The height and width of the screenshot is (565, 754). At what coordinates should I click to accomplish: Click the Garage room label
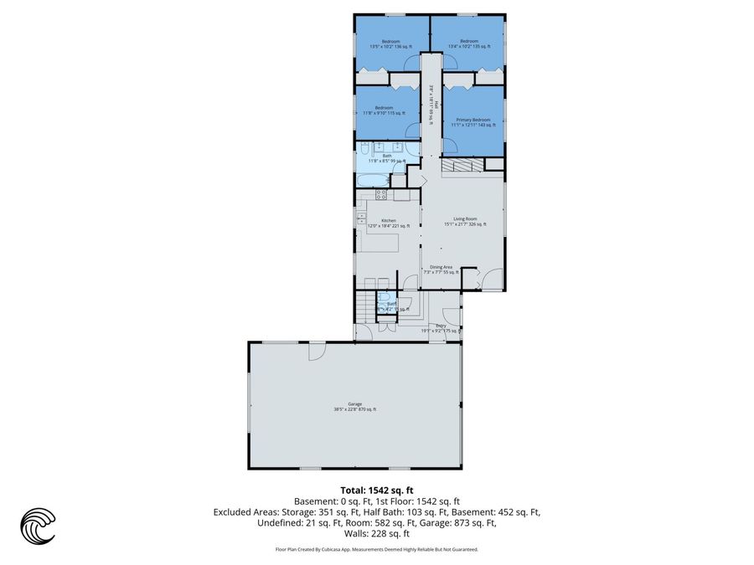[x=354, y=407]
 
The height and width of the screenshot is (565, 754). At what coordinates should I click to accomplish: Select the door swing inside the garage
[x=317, y=351]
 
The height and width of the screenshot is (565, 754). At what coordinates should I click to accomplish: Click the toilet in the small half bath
[x=383, y=296]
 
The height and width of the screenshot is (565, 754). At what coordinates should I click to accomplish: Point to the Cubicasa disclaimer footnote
[x=376, y=549]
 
